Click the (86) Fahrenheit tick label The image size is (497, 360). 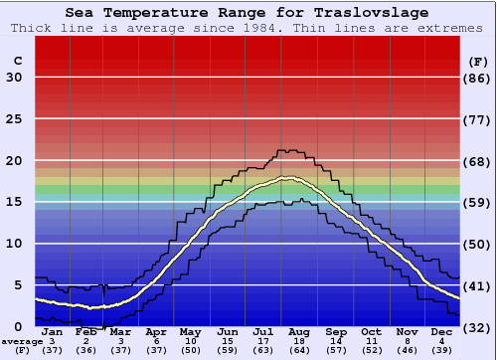pyautogui.click(x=478, y=78)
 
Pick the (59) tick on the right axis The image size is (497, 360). pyautogui.click(x=478, y=202)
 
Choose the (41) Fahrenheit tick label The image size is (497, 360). pyautogui.click(x=478, y=285)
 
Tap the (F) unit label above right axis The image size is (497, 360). pyautogui.click(x=478, y=61)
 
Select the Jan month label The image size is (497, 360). pyautogui.click(x=52, y=332)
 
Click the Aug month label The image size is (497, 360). pyautogui.click(x=300, y=332)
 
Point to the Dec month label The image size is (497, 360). pyautogui.click(x=442, y=332)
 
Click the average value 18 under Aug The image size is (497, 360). pyautogui.click(x=300, y=341)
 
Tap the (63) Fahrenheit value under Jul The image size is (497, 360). pyautogui.click(x=264, y=350)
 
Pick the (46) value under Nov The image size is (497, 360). pyautogui.click(x=407, y=350)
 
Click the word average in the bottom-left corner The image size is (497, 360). pyautogui.click(x=22, y=341)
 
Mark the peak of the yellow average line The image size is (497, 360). pyautogui.click(x=289, y=178)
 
